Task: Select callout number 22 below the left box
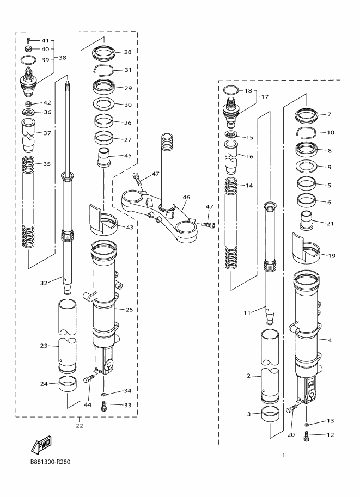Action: click(79, 425)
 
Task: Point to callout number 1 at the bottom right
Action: click(284, 455)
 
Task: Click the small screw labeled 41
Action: click(28, 41)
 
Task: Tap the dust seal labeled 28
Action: click(104, 53)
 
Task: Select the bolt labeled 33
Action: click(103, 405)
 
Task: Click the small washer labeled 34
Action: click(103, 392)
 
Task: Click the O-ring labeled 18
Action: click(231, 90)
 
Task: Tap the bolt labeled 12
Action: click(307, 435)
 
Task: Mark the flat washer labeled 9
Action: click(308, 167)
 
